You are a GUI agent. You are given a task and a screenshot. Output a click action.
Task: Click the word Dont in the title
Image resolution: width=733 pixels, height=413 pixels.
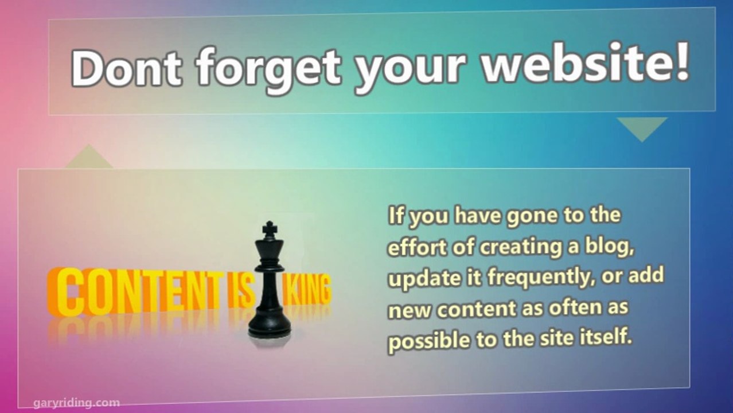click(126, 68)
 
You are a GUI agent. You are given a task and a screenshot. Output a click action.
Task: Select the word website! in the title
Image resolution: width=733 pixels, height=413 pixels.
click(586, 62)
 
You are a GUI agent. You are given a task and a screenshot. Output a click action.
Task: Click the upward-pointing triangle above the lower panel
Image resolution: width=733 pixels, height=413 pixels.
click(89, 158)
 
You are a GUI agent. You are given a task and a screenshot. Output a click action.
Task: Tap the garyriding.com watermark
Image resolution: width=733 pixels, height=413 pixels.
click(77, 403)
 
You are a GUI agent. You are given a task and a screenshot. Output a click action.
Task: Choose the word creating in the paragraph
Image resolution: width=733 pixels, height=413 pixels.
click(521, 248)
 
